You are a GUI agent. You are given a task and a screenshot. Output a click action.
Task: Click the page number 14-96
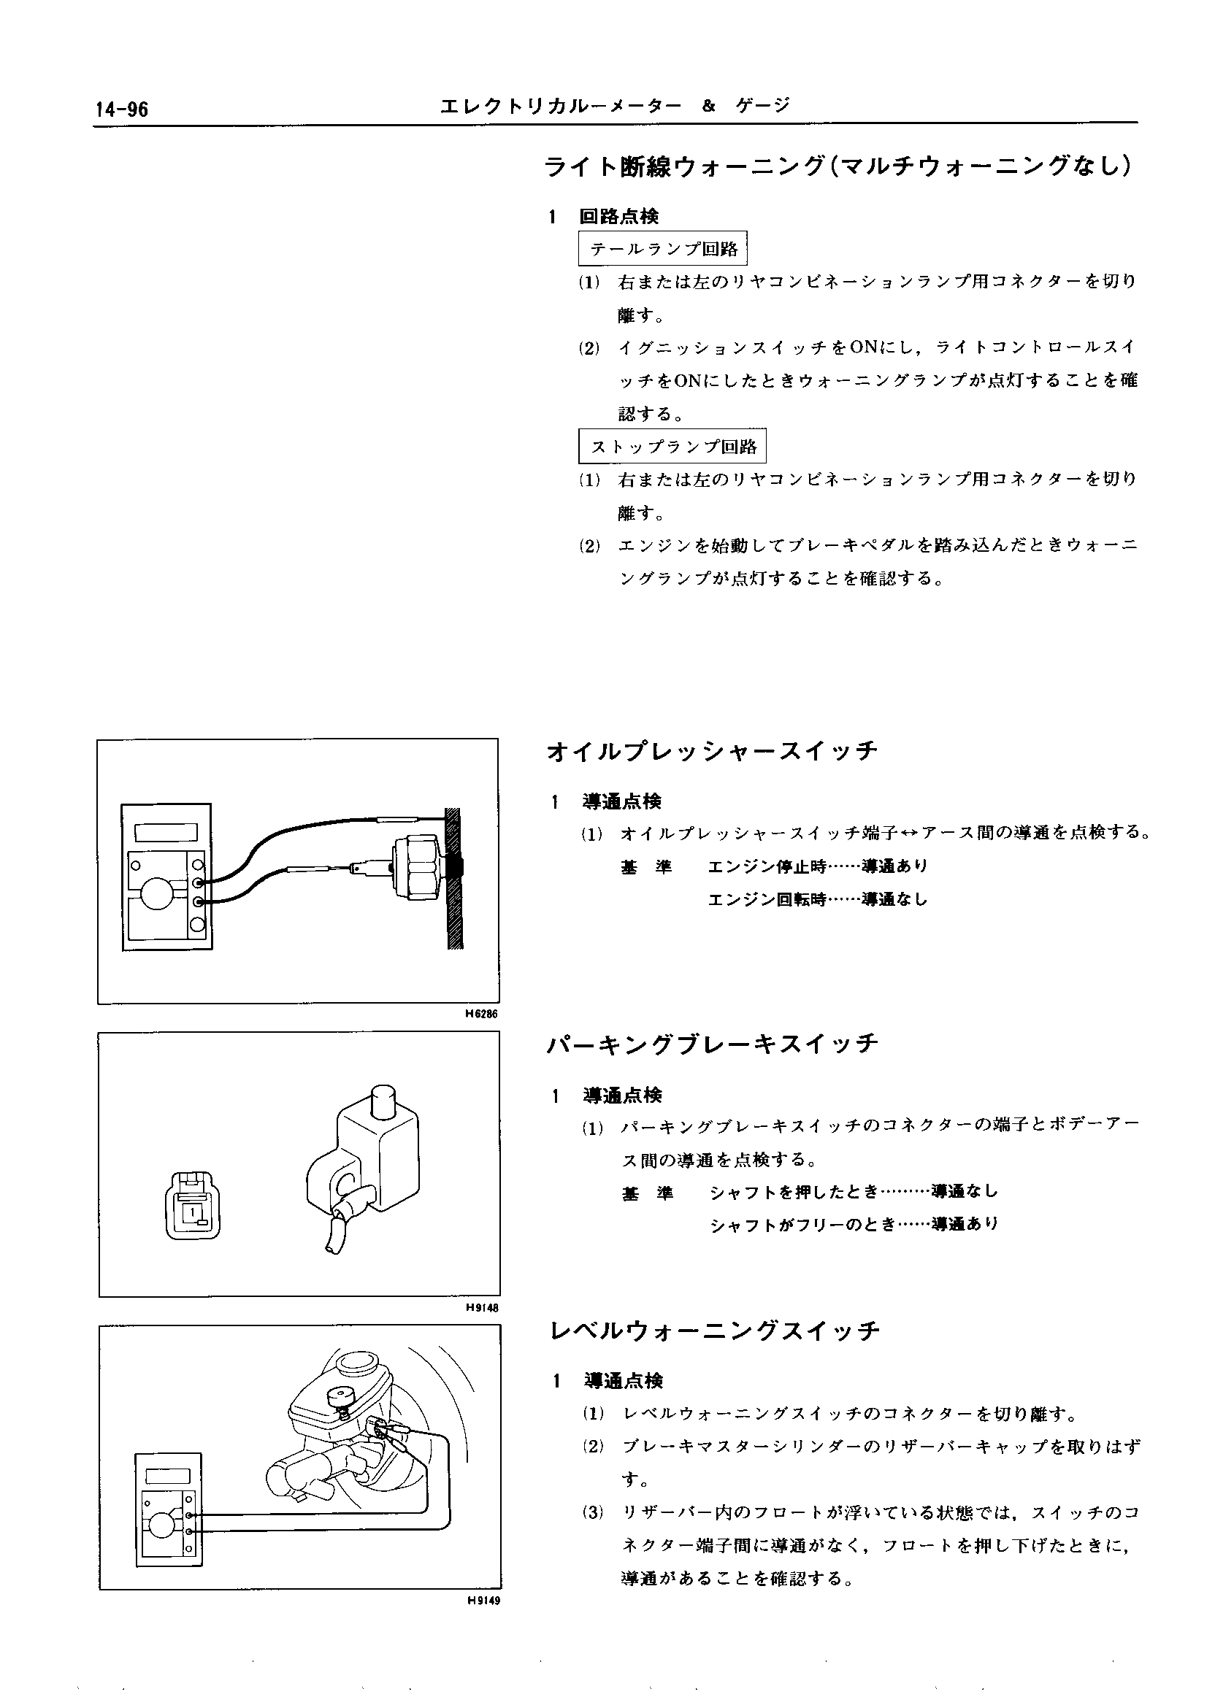point(121,110)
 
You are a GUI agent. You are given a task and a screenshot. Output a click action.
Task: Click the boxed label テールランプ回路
point(663,248)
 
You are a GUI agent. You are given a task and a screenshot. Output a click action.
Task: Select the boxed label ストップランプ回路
point(672,447)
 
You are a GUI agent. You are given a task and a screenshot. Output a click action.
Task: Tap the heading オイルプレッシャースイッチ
point(711,751)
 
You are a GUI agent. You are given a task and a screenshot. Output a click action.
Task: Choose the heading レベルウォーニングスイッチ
point(715,1331)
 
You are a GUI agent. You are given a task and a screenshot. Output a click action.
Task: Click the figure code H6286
point(481,1014)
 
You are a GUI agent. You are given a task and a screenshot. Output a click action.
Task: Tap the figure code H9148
point(481,1307)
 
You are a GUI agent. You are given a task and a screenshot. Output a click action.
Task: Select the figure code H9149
point(483,1601)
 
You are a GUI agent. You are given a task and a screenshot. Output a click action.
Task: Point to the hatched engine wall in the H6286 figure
point(453,879)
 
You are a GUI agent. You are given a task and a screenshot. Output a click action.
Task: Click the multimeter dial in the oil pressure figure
point(157,893)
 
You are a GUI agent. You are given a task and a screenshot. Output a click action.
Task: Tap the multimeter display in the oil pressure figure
point(166,831)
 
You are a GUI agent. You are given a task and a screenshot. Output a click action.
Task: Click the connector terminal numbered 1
point(193,1209)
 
